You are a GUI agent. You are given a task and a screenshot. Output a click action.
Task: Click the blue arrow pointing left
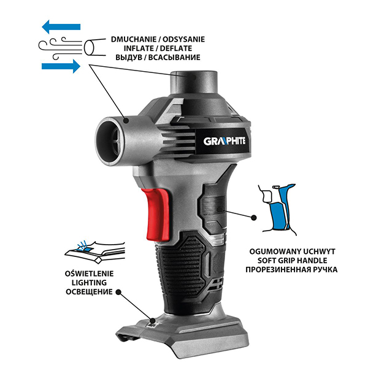[x=61, y=27]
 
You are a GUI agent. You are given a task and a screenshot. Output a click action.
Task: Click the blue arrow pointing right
[x=61, y=66]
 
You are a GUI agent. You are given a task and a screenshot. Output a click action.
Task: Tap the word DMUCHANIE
[x=134, y=39]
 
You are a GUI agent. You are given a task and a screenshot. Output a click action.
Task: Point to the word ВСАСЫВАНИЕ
[x=174, y=58]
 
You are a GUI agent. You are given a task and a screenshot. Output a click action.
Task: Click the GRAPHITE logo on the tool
[x=224, y=141]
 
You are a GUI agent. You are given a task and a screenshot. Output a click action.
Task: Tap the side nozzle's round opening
[x=110, y=142]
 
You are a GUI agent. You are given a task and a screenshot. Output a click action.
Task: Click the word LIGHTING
[x=89, y=283]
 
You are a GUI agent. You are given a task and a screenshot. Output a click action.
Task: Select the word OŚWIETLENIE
[x=89, y=274]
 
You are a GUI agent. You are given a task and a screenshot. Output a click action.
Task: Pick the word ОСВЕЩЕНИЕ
[x=89, y=292]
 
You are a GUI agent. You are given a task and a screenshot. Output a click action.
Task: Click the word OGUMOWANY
[x=271, y=251]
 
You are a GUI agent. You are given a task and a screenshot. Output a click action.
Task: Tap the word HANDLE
[x=312, y=261]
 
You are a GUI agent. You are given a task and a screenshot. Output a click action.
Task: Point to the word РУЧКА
[x=325, y=270]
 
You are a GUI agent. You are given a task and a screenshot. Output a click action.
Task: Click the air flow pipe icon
[x=72, y=48]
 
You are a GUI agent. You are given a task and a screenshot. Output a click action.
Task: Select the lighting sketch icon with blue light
[x=95, y=251]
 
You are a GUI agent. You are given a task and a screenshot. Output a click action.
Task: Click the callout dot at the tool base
[x=153, y=320]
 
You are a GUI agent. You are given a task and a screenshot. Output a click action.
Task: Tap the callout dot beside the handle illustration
[x=253, y=218]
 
